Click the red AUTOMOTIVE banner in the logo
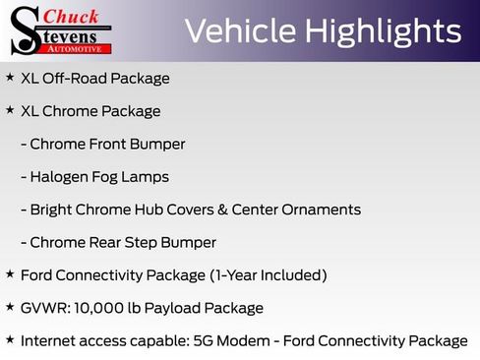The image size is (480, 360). click(78, 47)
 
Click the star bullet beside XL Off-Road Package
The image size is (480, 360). click(10, 77)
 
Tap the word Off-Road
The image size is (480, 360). click(74, 79)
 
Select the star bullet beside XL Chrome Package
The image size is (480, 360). click(10, 110)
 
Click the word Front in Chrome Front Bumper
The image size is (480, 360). click(109, 145)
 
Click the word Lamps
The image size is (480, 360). click(146, 177)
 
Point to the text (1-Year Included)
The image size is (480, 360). click(266, 275)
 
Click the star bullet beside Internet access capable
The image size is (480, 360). click(10, 339)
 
